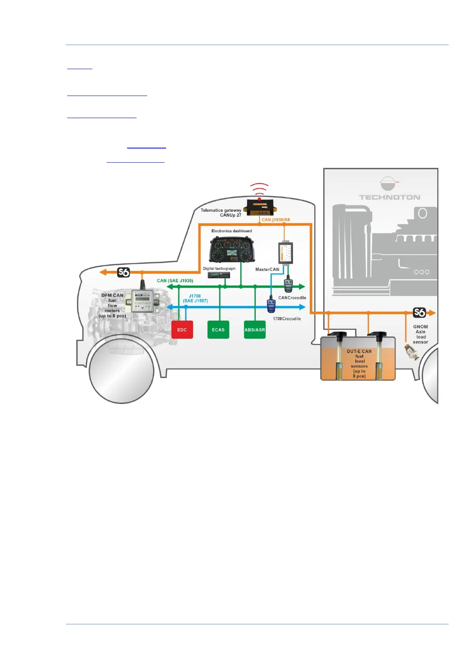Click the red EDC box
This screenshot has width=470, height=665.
pos(182,330)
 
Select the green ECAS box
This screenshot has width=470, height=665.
pos(218,330)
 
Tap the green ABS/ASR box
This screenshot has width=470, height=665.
pos(255,330)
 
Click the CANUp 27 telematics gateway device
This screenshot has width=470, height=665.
pos(260,207)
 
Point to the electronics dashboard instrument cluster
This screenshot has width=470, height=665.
pos(231,250)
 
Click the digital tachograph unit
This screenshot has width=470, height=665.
pos(219,275)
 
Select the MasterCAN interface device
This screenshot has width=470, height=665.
pos(285,253)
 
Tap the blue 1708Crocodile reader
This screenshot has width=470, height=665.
pos(271,305)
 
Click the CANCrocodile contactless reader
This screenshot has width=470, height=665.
pos(288,285)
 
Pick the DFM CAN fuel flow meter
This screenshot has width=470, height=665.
pos(142,302)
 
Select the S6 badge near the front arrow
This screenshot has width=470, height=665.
pos(124,272)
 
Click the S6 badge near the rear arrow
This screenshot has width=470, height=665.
pos(419,313)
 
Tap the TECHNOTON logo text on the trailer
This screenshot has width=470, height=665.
pos(389,197)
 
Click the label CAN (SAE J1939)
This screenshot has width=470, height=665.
pos(175,281)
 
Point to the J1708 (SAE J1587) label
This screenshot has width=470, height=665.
pos(195,299)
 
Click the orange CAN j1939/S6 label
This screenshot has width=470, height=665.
pos(275,220)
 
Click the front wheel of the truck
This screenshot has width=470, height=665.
pos(121,371)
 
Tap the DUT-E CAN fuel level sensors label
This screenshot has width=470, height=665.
pos(359,363)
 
